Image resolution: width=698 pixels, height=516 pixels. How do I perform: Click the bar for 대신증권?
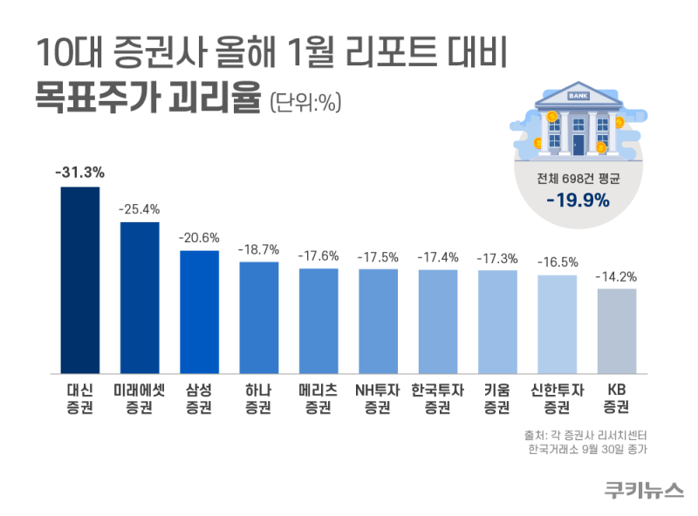(79, 280)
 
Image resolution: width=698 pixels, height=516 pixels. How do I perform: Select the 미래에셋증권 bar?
(140, 297)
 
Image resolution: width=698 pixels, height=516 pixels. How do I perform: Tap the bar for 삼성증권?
(199, 311)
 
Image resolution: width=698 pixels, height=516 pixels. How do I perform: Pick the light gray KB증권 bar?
(617, 330)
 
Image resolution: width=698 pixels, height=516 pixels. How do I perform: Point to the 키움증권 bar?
(497, 322)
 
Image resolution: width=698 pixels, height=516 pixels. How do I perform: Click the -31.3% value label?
(79, 173)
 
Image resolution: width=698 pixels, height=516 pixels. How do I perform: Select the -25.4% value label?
(140, 209)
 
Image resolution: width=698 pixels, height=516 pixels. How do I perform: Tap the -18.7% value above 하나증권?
(259, 248)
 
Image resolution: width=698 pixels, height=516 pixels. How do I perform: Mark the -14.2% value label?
(617, 276)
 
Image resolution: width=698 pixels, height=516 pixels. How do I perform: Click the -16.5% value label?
(557, 261)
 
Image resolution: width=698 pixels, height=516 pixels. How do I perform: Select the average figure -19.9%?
(578, 201)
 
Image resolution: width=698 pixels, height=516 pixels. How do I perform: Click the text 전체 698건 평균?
(578, 179)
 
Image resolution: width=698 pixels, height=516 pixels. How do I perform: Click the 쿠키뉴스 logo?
(644, 489)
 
